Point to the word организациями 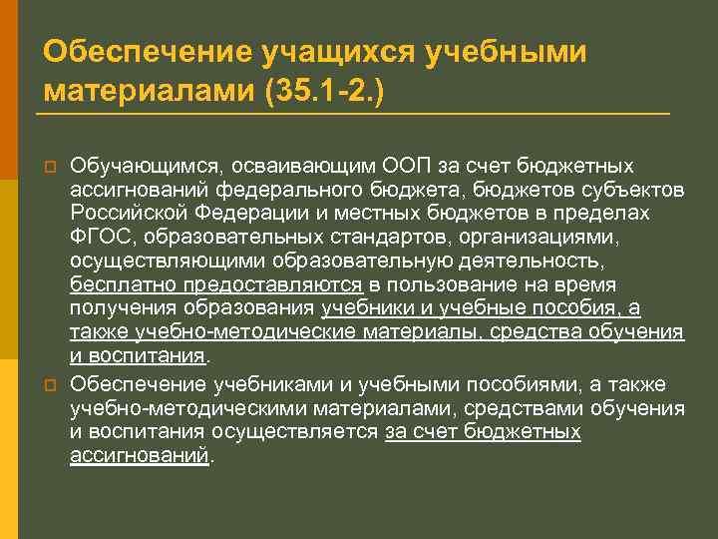pyautogui.click(x=559, y=236)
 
